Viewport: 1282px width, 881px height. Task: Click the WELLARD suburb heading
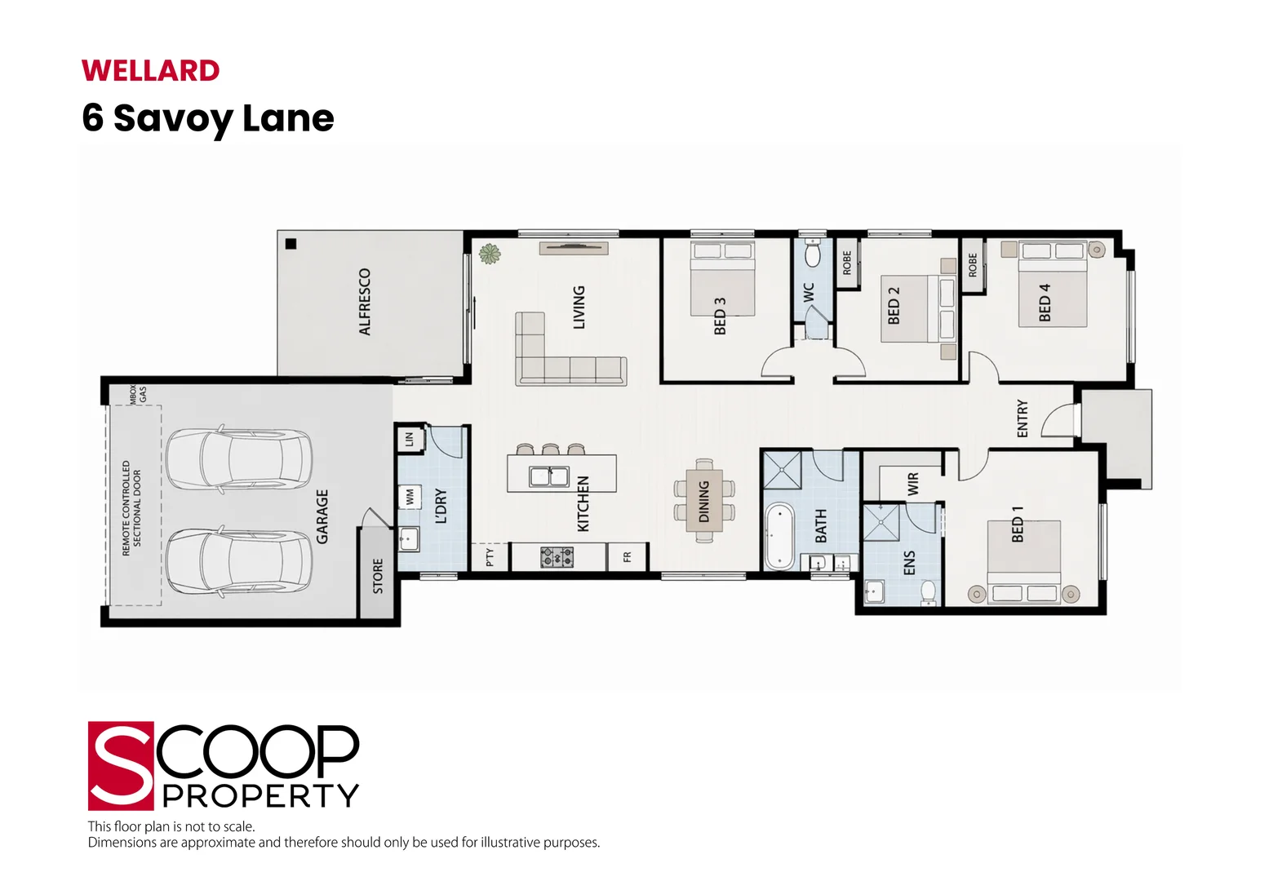[x=150, y=71]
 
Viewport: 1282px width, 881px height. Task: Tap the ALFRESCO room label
[x=365, y=302]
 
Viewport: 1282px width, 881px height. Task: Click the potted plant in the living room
[x=490, y=254]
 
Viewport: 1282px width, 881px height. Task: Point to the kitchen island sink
[x=548, y=476]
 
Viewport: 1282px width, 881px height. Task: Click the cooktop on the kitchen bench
[x=557, y=557]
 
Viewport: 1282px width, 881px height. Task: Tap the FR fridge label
[x=628, y=556]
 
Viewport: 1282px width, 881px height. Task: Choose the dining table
[x=704, y=501]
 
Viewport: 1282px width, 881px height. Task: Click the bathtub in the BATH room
[x=779, y=536]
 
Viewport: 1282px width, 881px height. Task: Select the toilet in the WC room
[x=812, y=254]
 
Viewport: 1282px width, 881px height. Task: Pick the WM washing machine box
[x=410, y=497]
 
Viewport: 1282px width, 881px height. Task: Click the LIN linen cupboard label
[x=409, y=440]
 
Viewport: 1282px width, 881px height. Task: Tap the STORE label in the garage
[x=378, y=576]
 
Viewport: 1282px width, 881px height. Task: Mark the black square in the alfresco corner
[x=291, y=244]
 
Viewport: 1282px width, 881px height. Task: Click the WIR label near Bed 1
[x=913, y=484]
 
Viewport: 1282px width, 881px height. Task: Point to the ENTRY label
[x=1022, y=418]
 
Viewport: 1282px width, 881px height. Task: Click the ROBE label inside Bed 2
[x=847, y=263]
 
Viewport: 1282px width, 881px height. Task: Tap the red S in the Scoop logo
[x=121, y=766]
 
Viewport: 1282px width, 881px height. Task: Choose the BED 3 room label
[x=720, y=316]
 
